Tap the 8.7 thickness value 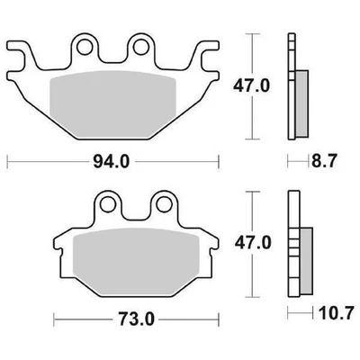pos(327,162)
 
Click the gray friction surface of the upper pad pos(115,103)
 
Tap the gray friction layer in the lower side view pos(304,256)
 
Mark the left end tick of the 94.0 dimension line pos(7,162)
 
